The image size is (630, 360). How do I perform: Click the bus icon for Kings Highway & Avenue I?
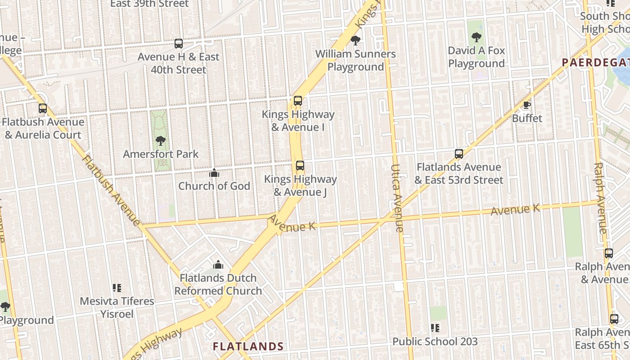(297, 101)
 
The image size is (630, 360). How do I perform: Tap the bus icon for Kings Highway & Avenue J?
(300, 166)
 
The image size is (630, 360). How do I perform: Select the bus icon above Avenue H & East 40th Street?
(179, 44)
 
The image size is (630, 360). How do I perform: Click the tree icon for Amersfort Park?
(160, 141)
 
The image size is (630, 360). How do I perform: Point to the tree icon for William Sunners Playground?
(355, 40)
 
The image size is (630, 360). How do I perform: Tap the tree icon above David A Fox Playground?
(477, 37)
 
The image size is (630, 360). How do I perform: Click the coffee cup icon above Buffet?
(527, 105)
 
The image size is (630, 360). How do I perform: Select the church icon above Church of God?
(214, 173)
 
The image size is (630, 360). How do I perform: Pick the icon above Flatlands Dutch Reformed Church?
(218, 265)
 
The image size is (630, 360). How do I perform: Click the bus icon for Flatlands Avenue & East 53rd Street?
(459, 154)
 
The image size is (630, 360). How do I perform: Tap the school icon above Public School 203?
(435, 328)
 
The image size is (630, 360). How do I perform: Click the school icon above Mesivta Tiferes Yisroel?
(117, 288)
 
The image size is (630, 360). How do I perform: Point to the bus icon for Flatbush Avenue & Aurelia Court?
(43, 108)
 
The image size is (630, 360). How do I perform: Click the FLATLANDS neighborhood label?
(248, 346)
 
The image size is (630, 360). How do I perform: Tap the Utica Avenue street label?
(396, 198)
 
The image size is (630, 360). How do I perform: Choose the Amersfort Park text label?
(161, 154)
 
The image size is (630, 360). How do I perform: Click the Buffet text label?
(527, 118)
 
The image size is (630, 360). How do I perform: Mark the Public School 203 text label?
(435, 342)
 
